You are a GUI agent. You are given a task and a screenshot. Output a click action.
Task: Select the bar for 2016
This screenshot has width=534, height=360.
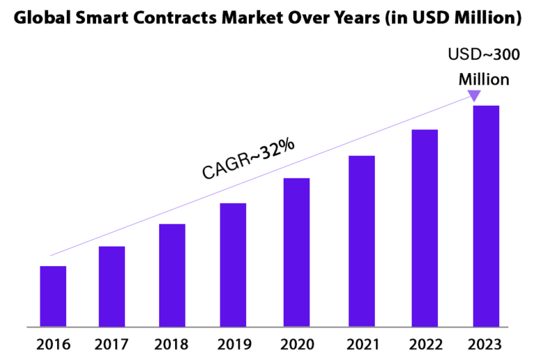(x=53, y=296)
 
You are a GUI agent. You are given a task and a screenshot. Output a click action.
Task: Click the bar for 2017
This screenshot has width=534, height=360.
(x=112, y=286)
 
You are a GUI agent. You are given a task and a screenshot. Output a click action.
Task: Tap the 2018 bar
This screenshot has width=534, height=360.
(x=172, y=275)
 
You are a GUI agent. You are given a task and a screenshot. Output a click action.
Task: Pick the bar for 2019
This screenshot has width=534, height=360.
(x=233, y=265)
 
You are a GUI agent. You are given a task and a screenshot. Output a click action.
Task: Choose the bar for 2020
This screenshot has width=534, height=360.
(x=296, y=252)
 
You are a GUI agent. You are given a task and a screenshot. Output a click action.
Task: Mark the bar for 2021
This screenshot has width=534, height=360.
(x=362, y=241)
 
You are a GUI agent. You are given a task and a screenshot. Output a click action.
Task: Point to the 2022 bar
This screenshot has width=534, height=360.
(x=425, y=228)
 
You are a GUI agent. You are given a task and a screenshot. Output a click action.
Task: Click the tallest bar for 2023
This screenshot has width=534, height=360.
(x=486, y=216)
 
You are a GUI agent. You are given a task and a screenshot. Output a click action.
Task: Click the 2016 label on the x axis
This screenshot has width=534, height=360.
(x=52, y=344)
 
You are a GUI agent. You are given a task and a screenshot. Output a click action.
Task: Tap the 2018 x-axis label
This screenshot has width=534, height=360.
(x=172, y=344)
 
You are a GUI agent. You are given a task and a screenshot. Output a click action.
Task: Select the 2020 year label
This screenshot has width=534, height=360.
(x=296, y=344)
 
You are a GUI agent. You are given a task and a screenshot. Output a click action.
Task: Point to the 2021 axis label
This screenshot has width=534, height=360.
(x=362, y=344)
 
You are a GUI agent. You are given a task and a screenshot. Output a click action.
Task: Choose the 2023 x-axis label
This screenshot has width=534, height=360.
(x=486, y=344)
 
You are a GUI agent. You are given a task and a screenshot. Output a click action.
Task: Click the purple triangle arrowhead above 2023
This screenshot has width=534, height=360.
(x=474, y=96)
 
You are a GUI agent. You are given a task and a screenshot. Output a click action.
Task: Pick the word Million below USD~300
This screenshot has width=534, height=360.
(x=483, y=79)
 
